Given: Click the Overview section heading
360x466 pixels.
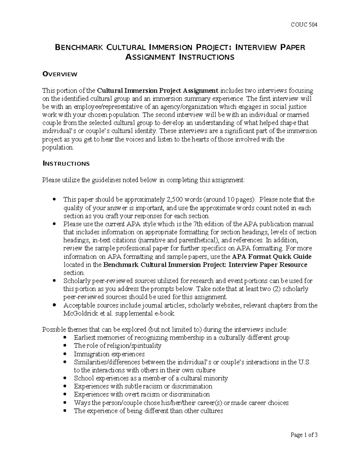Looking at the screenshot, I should (60, 74).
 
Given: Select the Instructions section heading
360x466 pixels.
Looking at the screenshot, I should (66, 164).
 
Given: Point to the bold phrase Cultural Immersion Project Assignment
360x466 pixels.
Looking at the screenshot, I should (157, 91).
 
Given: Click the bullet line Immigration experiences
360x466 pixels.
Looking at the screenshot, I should (109, 354).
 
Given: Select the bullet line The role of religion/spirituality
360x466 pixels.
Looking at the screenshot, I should (118, 346).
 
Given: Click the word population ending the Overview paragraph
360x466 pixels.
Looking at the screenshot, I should (57, 148).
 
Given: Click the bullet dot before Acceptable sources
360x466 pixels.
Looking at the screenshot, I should (54, 305).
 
